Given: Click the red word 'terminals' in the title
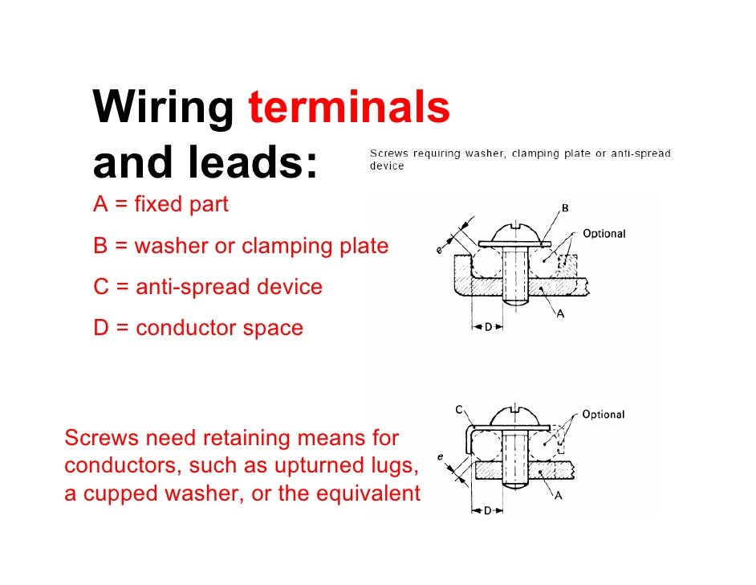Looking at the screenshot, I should click(349, 108).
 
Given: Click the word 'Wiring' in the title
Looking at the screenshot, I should click(164, 110).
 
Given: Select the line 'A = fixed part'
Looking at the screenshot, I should click(161, 205).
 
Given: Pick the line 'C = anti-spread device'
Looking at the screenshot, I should click(208, 286).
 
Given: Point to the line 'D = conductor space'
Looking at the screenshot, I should click(198, 328).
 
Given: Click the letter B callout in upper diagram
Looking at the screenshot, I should click(565, 208).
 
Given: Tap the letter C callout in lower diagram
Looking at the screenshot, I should click(459, 410).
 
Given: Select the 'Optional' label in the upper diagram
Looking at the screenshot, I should click(604, 234).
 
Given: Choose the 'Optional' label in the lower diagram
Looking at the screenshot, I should click(604, 415).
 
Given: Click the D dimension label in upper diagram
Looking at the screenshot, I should click(487, 329).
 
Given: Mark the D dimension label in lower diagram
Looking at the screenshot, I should click(487, 511).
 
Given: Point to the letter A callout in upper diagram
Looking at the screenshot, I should click(560, 315).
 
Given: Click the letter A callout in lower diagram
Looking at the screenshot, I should click(558, 496).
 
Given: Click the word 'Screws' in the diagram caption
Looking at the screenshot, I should click(387, 153).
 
